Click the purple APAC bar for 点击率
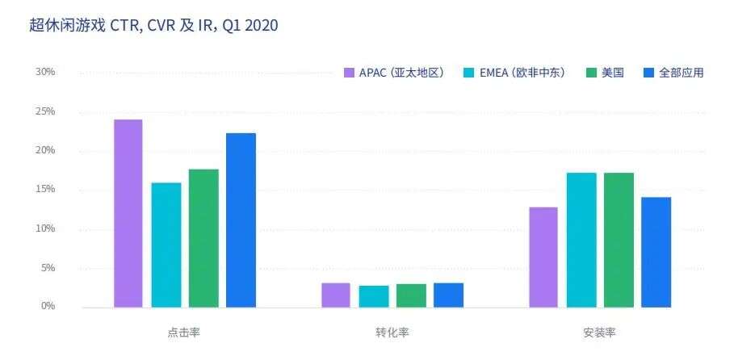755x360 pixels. click(x=128, y=213)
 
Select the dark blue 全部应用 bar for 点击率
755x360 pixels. click(x=241, y=220)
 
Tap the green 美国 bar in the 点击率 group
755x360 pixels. click(x=203, y=238)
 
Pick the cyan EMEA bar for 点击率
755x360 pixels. click(x=166, y=245)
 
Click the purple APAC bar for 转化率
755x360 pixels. click(x=335, y=295)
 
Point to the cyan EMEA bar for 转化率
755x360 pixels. click(x=373, y=296)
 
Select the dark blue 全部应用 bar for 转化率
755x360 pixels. click(x=448, y=295)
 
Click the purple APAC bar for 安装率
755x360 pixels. click(x=543, y=257)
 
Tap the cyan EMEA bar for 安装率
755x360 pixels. click(x=581, y=240)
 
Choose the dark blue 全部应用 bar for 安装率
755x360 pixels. click(x=656, y=252)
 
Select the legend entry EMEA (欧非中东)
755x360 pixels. click(x=514, y=73)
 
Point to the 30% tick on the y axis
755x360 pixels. click(x=45, y=72)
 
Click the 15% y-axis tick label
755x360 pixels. click(x=45, y=189)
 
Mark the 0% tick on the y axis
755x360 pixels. click(x=48, y=306)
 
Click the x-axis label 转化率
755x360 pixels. click(x=392, y=333)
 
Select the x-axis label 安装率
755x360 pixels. click(x=599, y=333)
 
